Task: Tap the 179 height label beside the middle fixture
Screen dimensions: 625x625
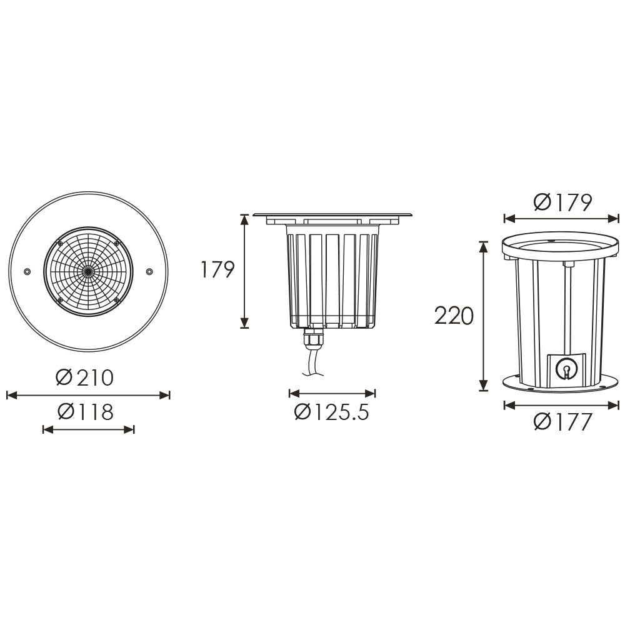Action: tap(217, 270)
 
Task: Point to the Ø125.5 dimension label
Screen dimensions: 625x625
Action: tap(332, 412)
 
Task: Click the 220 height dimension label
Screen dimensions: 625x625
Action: tap(454, 316)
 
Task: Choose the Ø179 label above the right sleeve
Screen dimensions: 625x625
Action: tap(562, 202)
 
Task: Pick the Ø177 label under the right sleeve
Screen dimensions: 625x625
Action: tap(562, 422)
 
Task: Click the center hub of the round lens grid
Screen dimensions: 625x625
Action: tap(88, 271)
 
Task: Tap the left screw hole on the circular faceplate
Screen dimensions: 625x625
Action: tap(27, 271)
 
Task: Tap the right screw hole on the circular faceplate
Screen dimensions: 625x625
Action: tap(149, 271)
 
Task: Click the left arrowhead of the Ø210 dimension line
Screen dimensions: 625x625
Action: tap(9, 395)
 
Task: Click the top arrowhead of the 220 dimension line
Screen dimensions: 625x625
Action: tap(482, 246)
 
